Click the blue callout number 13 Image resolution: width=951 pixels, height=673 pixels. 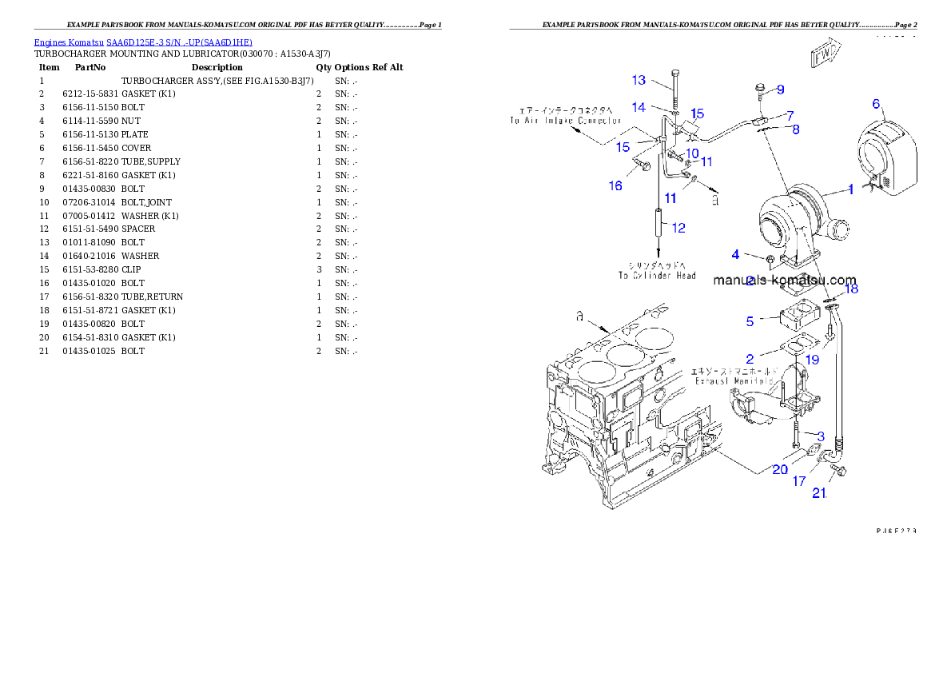[x=639, y=80]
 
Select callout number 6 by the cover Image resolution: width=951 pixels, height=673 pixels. [x=876, y=104]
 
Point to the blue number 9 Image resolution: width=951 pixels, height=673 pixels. [x=781, y=89]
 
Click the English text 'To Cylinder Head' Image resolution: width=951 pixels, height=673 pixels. [x=656, y=275]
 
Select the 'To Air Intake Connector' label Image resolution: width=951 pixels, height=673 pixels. [x=565, y=121]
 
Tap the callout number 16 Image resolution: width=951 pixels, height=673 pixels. [x=615, y=185]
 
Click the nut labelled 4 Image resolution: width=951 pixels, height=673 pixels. [x=769, y=260]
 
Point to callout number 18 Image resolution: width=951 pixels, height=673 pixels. [x=852, y=289]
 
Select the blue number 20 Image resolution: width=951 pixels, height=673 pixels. [x=780, y=470]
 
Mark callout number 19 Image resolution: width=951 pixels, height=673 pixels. [x=812, y=360]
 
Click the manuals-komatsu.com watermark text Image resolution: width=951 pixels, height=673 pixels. [x=784, y=281]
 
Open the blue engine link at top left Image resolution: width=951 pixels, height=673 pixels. [x=143, y=42]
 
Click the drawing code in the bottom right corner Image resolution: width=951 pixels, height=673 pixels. [x=895, y=530]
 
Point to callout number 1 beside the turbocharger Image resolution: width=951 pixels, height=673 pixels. [x=851, y=189]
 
